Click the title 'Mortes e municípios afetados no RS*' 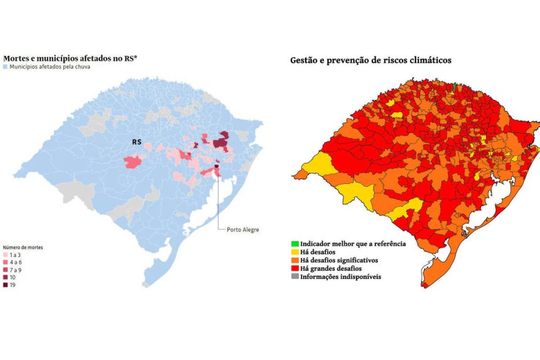70,58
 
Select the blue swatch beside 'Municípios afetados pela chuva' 6,66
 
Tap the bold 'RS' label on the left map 136,143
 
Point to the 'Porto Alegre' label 242,229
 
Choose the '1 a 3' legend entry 14,255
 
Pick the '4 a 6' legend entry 14,262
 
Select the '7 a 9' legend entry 14,270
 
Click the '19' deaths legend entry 13,285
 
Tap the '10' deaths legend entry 13,277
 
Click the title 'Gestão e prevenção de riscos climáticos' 370,60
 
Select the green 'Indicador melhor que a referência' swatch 294,243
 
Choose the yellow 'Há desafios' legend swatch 294,251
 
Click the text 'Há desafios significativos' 343,259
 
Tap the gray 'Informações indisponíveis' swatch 294,276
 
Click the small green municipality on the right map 455,87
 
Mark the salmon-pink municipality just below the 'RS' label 134,162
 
